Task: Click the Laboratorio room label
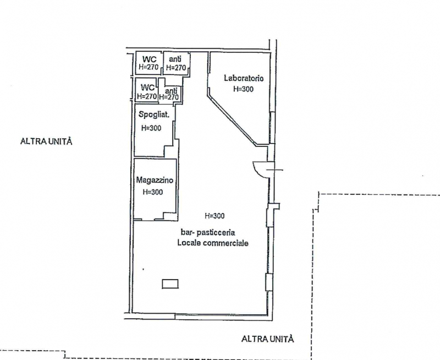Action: pyautogui.click(x=244, y=78)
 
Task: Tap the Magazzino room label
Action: pyautogui.click(x=155, y=180)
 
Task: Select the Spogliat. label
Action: pyautogui.click(x=154, y=114)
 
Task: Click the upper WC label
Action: pyautogui.click(x=148, y=59)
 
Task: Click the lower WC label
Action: pyautogui.click(x=147, y=88)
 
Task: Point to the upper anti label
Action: pyautogui.click(x=175, y=59)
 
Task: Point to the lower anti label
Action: pyautogui.click(x=171, y=91)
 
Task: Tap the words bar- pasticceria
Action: pyautogui.click(x=208, y=232)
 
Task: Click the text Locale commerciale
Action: pyautogui.click(x=213, y=243)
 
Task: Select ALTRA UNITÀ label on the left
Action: pyautogui.click(x=46, y=141)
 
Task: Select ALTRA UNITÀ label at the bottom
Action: pyautogui.click(x=268, y=339)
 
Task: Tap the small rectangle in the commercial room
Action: pyautogui.click(x=170, y=284)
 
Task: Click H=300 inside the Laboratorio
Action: pyautogui.click(x=243, y=89)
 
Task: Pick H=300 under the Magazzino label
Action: pyautogui.click(x=153, y=192)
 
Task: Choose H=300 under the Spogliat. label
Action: pyautogui.click(x=151, y=128)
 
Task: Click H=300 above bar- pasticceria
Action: pyautogui.click(x=215, y=216)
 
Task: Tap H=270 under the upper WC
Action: pyautogui.click(x=148, y=67)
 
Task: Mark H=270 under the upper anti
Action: pyautogui.click(x=176, y=68)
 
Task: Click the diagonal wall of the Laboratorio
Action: pyautogui.click(x=232, y=120)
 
